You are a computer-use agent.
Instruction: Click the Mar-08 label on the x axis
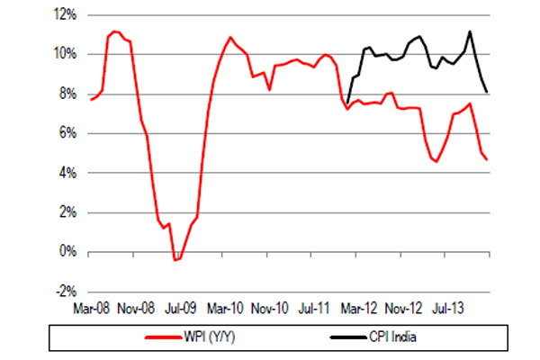[93, 307]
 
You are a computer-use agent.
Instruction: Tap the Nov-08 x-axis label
[138, 307]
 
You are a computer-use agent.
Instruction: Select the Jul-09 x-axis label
[183, 307]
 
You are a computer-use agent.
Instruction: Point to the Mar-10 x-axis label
[226, 307]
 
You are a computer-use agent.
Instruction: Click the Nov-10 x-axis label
[271, 307]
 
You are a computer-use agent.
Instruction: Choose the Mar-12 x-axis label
[358, 307]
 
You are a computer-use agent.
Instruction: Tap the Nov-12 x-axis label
[403, 307]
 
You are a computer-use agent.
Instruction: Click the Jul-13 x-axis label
[448, 307]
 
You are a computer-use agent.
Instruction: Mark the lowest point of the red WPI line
[175, 260]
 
